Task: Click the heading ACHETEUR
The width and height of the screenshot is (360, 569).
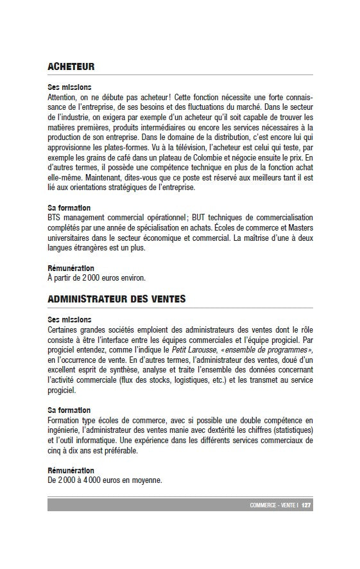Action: coord(71,66)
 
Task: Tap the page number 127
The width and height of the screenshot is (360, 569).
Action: coord(306,505)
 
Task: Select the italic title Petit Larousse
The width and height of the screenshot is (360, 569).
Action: coord(194,349)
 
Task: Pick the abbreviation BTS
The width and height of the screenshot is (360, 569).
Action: coord(56,218)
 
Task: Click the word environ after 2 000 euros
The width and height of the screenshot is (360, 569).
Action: coord(130,277)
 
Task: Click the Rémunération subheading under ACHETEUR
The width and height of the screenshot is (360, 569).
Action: coord(71,268)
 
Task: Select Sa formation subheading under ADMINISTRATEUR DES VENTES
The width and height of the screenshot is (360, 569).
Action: coord(69,410)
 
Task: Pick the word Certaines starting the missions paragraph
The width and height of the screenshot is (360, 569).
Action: coord(64,329)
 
